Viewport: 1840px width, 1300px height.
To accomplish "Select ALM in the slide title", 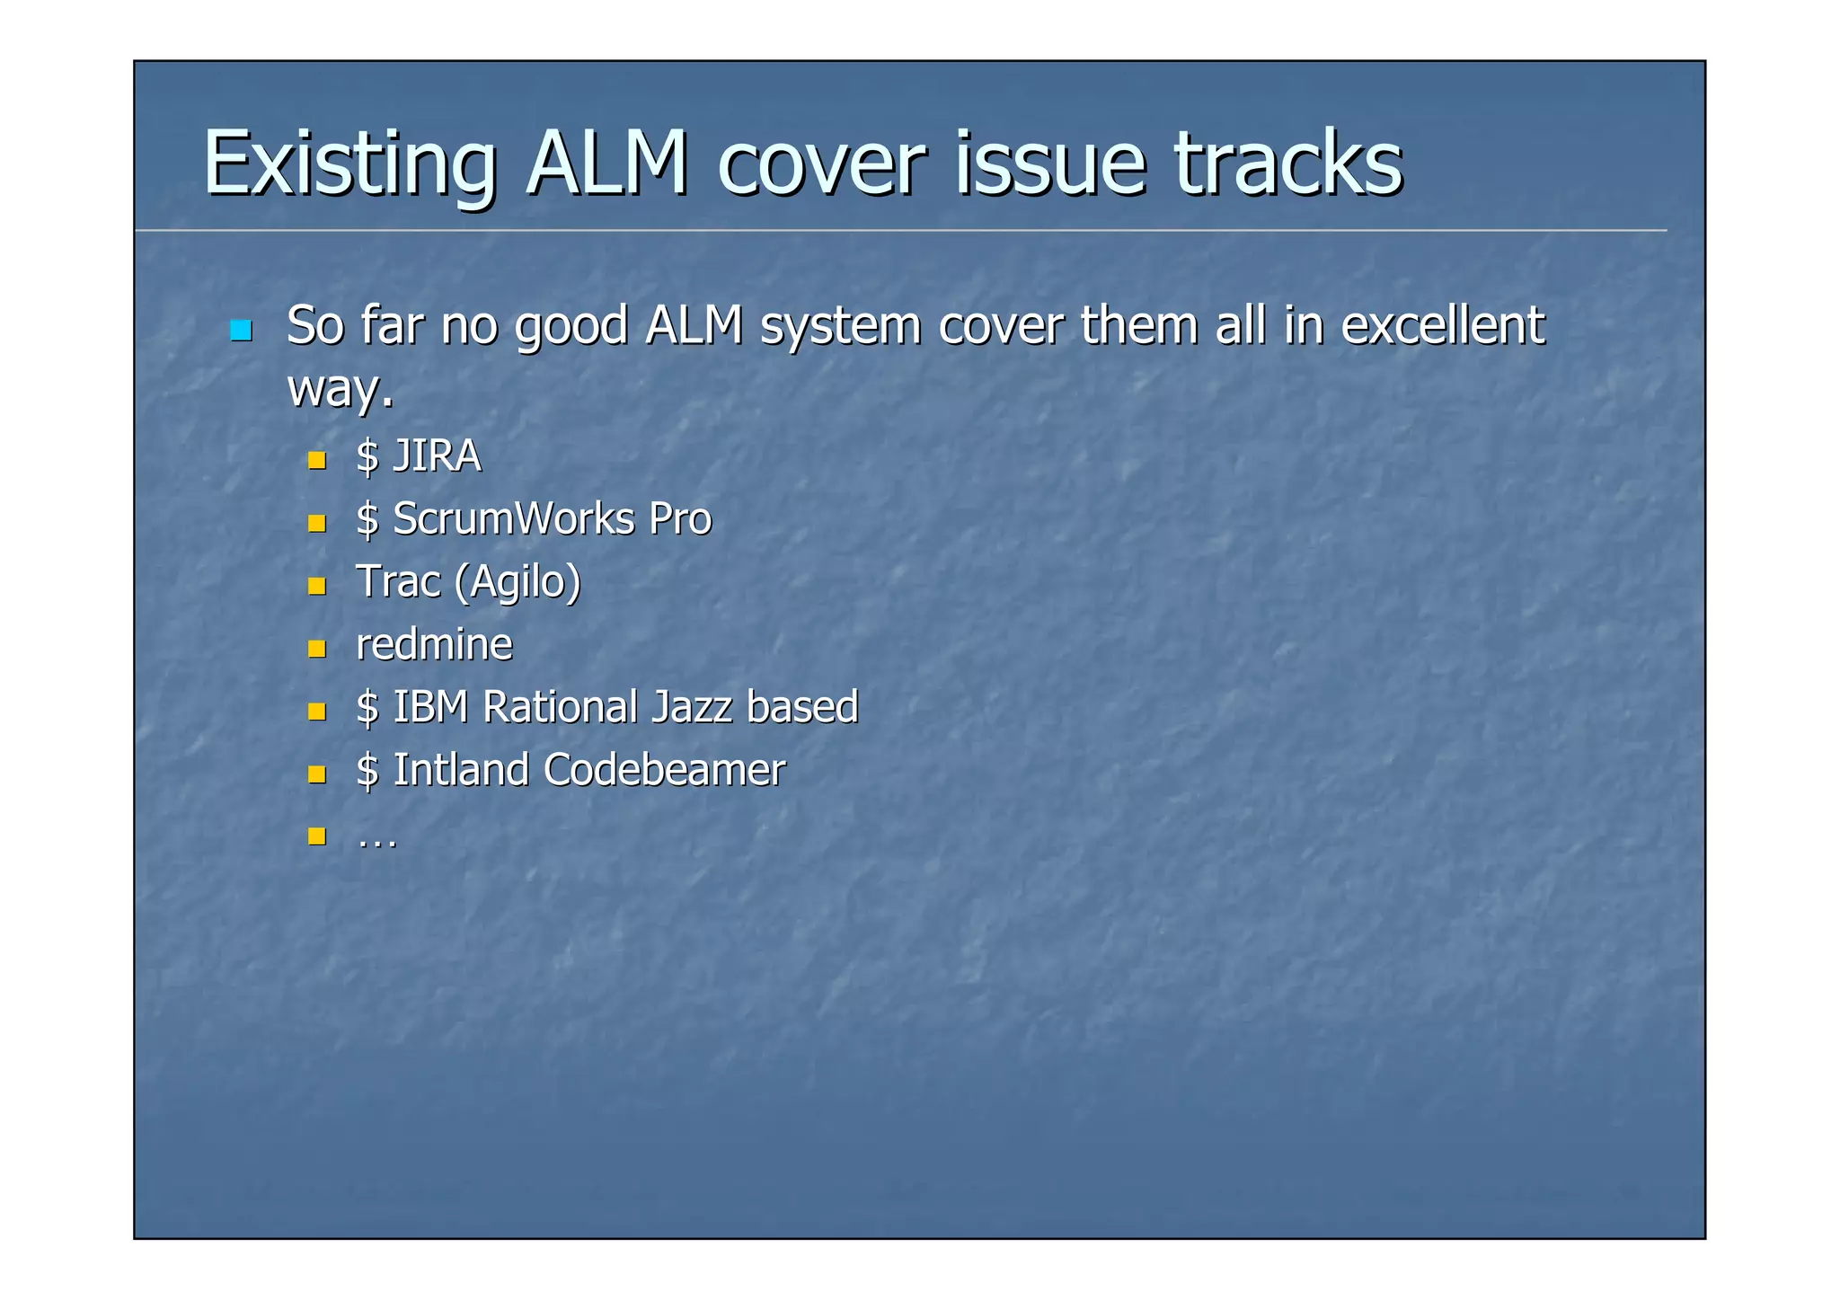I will click(607, 164).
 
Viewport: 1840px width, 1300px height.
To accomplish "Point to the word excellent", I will click(1442, 325).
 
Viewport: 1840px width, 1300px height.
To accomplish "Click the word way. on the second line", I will click(340, 388).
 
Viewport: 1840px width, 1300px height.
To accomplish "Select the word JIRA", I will click(437, 456).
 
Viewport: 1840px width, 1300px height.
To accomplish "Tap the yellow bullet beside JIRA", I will click(316, 461).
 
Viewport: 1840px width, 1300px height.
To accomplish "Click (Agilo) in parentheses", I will click(517, 582).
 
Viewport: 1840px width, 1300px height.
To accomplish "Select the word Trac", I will click(398, 582).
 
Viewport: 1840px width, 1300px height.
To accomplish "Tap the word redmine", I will click(434, 645).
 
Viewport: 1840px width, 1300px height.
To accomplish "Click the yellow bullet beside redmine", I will click(316, 649).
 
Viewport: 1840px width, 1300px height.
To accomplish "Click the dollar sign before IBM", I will click(367, 708).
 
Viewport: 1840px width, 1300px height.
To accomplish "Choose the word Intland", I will click(461, 770).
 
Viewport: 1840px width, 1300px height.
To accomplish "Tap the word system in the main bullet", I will click(840, 325).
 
